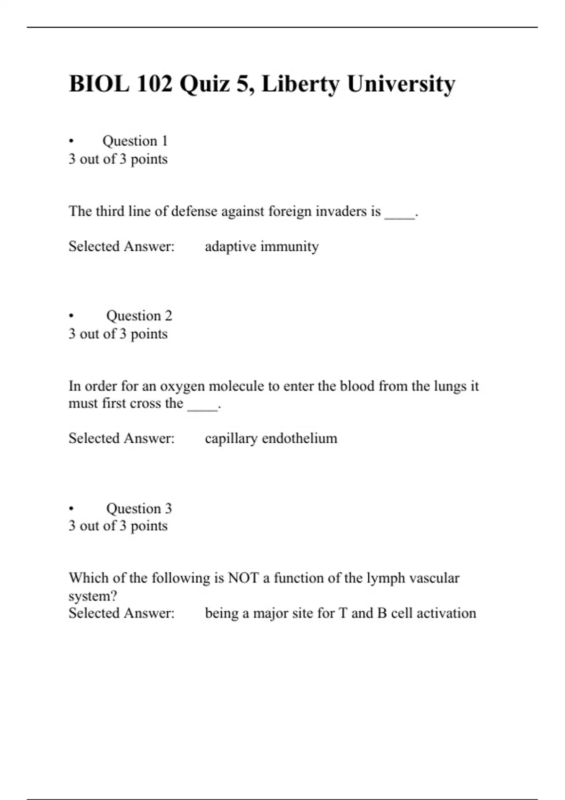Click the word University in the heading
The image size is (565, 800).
tap(401, 84)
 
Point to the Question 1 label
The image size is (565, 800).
tap(135, 141)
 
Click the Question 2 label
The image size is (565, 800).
tap(139, 315)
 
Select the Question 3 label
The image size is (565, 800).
tap(139, 508)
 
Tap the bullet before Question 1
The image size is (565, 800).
tap(71, 141)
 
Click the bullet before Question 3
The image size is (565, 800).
tap(71, 509)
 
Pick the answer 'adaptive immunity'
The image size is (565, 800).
tap(262, 246)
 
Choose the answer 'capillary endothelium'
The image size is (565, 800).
tap(271, 438)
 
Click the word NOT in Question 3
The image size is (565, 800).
tap(243, 577)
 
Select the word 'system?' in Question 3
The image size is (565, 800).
tap(93, 596)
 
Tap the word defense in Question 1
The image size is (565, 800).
tap(194, 211)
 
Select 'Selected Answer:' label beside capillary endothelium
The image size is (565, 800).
tap(121, 438)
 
